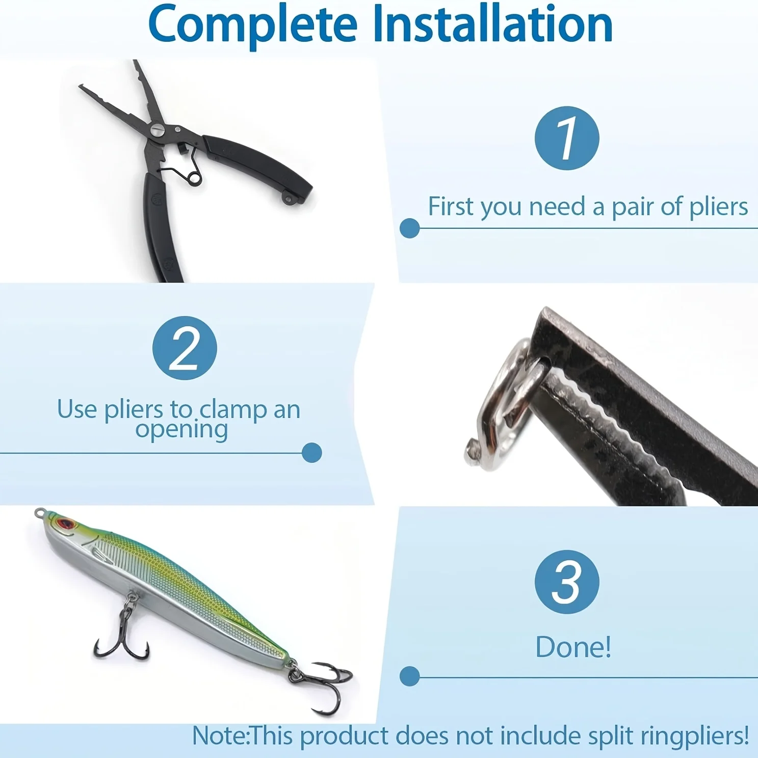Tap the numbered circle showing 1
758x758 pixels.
pos(567,138)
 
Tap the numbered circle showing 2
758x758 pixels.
pos(185,348)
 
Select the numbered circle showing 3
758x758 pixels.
pos(567,582)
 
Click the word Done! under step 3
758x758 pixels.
pos(573,647)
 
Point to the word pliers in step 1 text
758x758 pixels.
pos(719,208)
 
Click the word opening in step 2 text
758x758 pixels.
pos(181,430)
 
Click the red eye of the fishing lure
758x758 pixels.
pos(65,524)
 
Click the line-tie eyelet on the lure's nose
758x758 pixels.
pos(39,512)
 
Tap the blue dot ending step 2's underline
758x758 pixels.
pos(311,453)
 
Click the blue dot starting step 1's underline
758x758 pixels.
pos(409,228)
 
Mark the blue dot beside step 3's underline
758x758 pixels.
pos(409,676)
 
